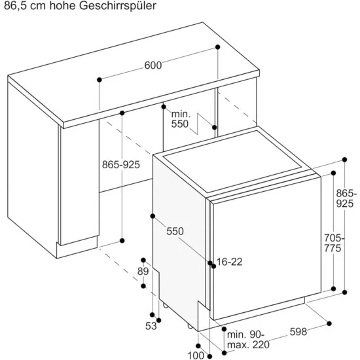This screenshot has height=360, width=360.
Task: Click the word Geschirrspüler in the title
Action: tap(118, 6)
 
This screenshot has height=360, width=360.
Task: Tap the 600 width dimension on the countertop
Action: tap(153, 65)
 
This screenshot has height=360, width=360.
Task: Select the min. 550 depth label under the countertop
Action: tap(181, 119)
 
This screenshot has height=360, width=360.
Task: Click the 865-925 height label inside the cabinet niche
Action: tap(121, 165)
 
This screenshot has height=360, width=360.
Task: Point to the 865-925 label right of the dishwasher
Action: tap(346, 198)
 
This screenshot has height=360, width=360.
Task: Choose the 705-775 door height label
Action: tap(334, 243)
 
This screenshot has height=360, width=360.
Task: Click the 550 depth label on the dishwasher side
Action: tap(175, 232)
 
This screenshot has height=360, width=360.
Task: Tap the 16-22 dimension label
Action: tap(229, 262)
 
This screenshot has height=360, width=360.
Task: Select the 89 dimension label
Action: tap(143, 272)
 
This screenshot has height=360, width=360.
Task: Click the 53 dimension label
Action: tap(151, 326)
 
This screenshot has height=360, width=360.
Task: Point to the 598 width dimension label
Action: tap(298, 332)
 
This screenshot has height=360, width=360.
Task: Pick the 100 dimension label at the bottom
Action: tap(196, 355)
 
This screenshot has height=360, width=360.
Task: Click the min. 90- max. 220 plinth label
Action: tap(248, 340)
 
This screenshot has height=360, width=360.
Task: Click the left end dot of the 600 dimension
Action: tap(99, 80)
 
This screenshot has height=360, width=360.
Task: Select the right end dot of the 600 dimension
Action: tap(218, 47)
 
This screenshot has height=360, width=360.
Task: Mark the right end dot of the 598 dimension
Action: tap(329, 323)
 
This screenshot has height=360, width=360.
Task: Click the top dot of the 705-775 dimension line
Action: tap(333, 173)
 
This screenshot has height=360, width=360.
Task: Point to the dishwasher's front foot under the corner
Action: tap(190, 326)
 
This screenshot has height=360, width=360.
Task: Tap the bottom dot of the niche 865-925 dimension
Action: tap(122, 241)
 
